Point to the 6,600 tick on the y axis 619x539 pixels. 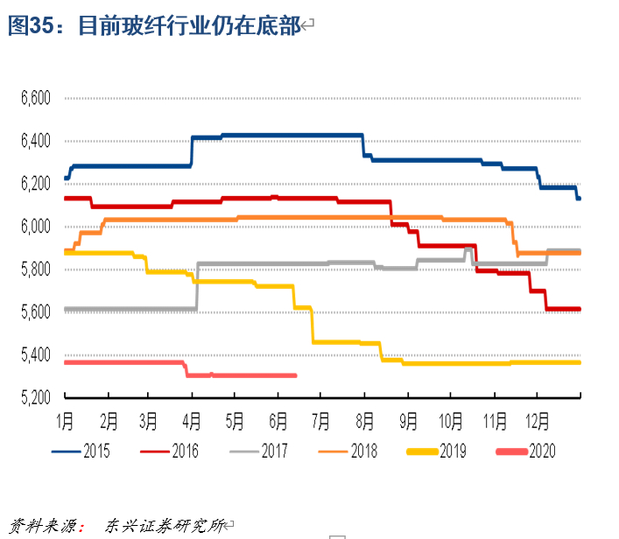(x=37, y=98)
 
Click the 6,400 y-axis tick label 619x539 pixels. (x=37, y=141)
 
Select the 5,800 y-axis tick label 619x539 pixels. (x=37, y=269)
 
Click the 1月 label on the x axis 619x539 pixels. (x=67, y=419)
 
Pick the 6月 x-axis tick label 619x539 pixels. (x=278, y=419)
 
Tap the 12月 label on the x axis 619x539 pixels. (x=536, y=419)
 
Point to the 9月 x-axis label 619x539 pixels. (x=407, y=419)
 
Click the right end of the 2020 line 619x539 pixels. (x=296, y=375)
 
